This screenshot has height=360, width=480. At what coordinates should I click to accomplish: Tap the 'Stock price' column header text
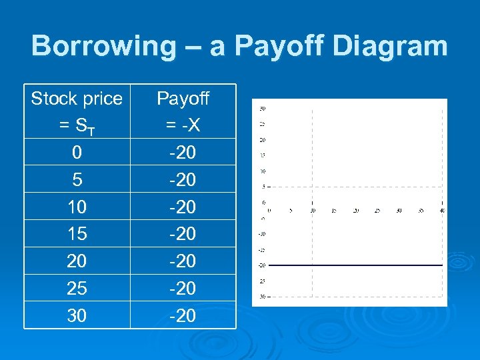(77, 99)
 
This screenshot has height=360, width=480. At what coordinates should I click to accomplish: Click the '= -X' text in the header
(183, 126)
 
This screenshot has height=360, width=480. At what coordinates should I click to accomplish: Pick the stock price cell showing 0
(77, 153)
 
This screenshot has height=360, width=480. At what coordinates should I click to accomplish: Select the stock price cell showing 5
(77, 180)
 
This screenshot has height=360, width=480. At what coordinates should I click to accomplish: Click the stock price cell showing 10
(77, 207)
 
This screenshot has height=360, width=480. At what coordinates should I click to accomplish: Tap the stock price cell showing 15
(77, 234)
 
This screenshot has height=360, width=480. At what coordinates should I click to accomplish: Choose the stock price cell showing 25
(77, 288)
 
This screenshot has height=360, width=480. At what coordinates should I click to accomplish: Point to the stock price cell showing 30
(77, 315)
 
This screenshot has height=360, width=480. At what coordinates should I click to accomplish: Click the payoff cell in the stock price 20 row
(183, 261)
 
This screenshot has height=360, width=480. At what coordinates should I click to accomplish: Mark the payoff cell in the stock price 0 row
(183, 153)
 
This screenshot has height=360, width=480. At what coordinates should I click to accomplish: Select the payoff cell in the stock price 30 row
(183, 315)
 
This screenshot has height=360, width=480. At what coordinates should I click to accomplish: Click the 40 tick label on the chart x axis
(442, 210)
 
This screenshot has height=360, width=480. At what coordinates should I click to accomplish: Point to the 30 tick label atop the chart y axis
(263, 108)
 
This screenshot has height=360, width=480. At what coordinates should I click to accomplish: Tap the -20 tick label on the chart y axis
(263, 265)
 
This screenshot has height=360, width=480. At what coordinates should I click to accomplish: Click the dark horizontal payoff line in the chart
(353, 265)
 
